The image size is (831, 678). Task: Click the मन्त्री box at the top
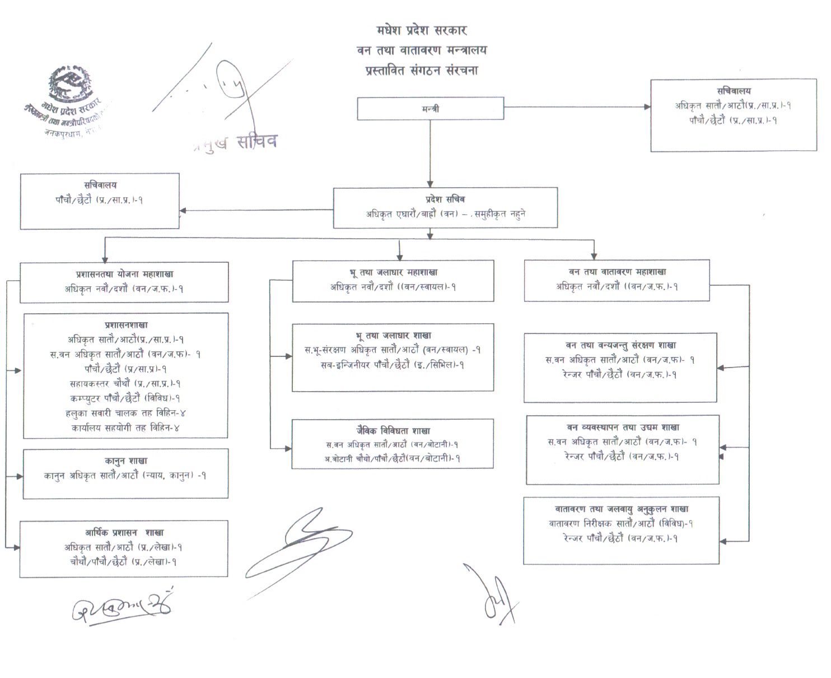[430, 109]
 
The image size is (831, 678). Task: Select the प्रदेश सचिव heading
[445, 199]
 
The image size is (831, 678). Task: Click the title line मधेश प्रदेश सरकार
[422, 30]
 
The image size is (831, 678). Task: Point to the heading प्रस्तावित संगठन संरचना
[422, 71]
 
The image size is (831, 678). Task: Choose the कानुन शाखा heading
[126, 461]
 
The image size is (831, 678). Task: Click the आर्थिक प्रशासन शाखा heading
[124, 532]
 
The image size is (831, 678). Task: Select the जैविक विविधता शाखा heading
[393, 430]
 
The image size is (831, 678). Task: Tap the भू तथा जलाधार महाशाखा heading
[393, 272]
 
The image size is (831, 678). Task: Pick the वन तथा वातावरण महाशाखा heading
[617, 272]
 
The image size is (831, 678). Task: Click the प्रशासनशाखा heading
[126, 324]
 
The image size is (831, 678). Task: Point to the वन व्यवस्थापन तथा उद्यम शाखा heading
[623, 427]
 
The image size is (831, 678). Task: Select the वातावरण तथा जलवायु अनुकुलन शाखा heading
[622, 509]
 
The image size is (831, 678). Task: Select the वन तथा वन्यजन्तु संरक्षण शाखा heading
[620, 345]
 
